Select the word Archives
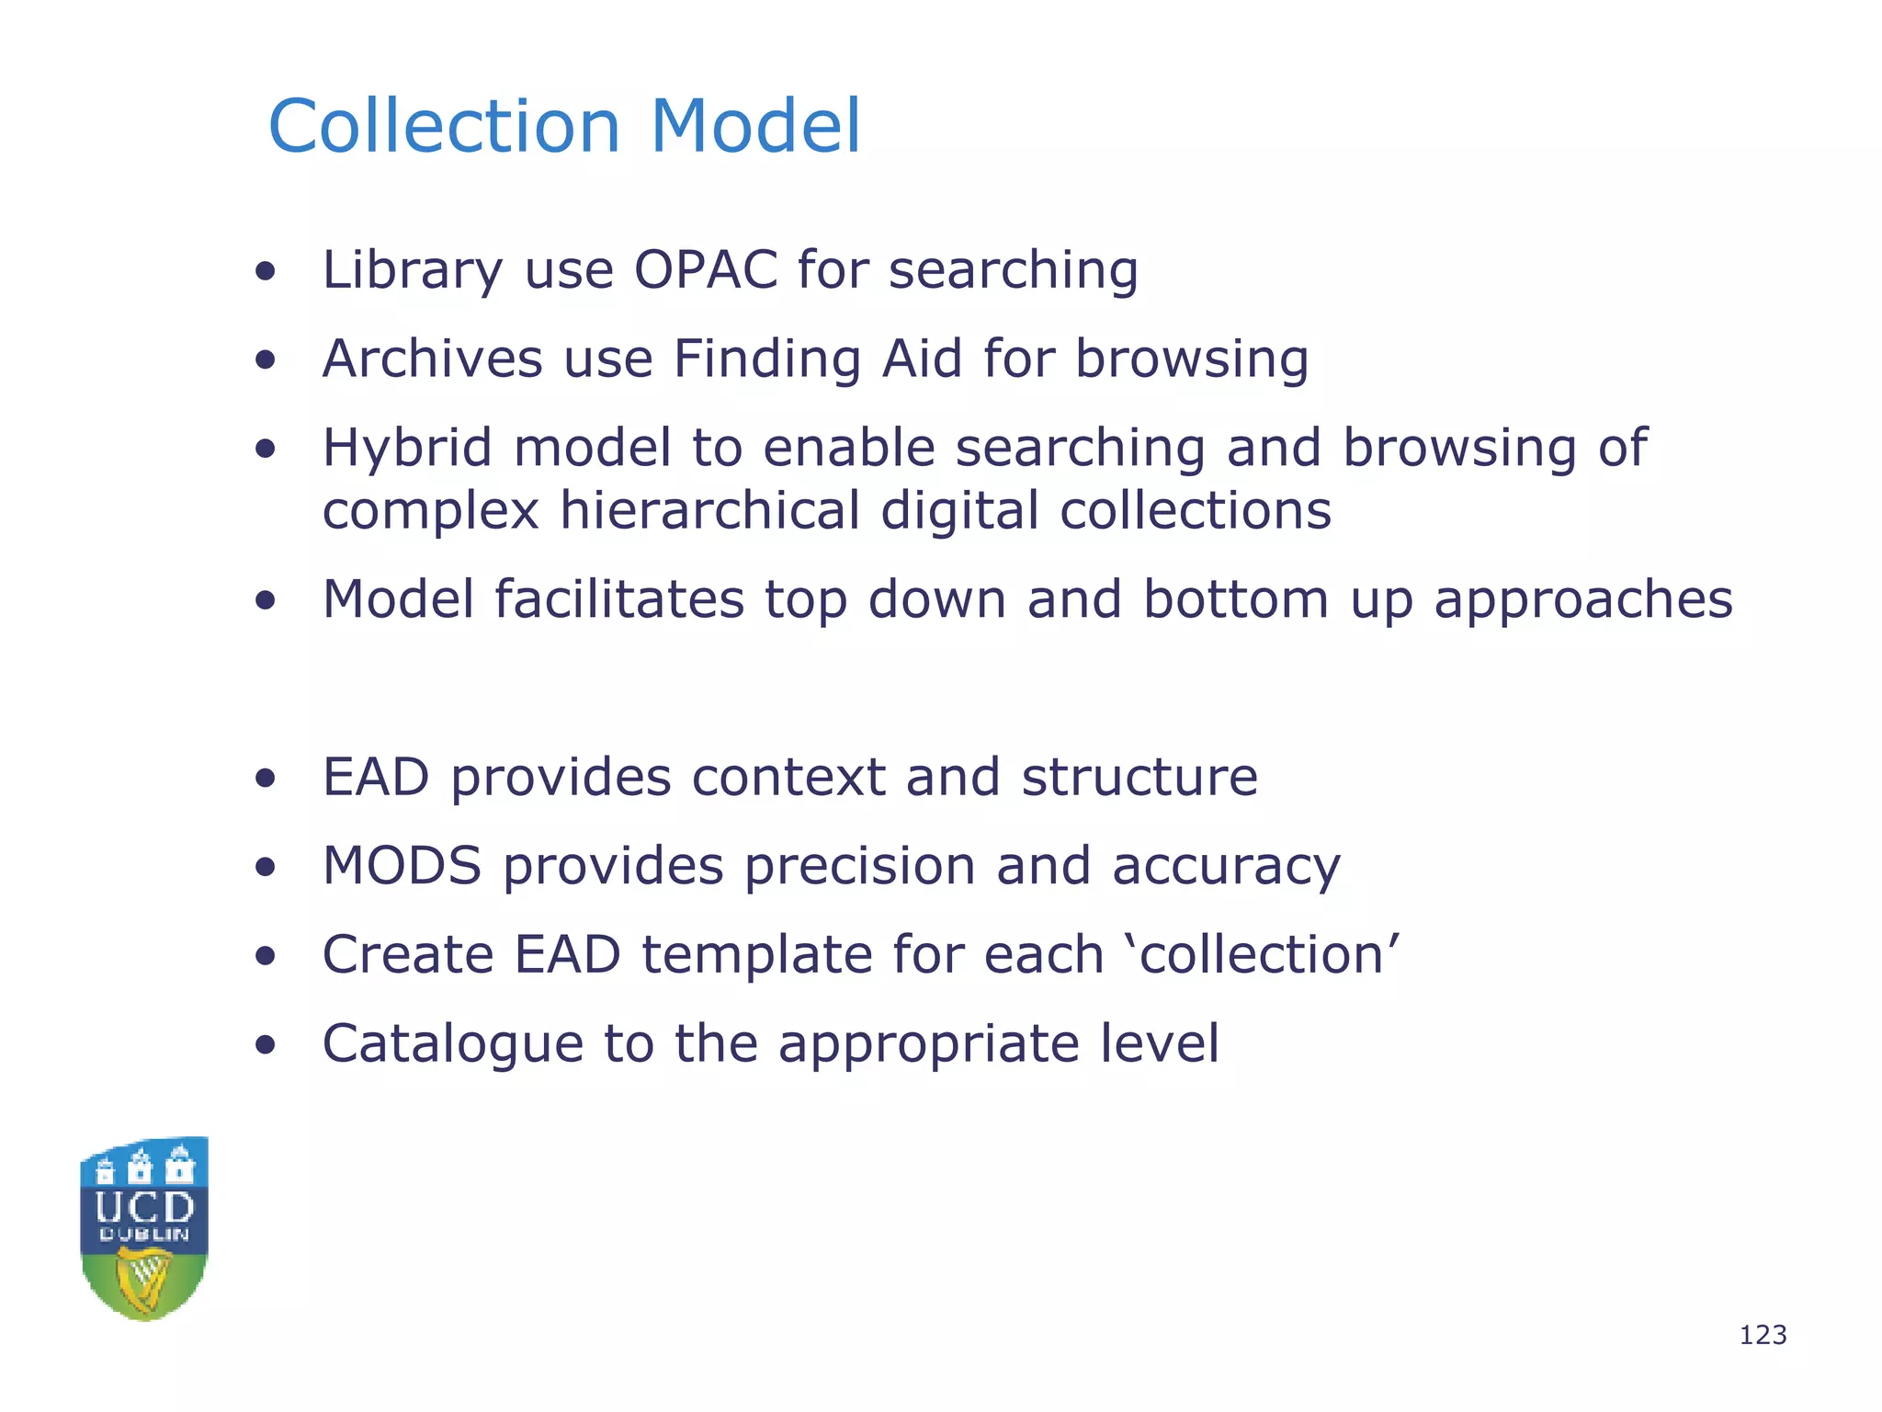[432, 359]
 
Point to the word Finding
[767, 359]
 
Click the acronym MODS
[402, 866]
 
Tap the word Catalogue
[452, 1044]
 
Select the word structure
[1139, 778]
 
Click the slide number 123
[1763, 1335]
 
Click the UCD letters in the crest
[144, 1207]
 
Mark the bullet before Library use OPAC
[266, 271]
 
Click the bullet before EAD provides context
[266, 779]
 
